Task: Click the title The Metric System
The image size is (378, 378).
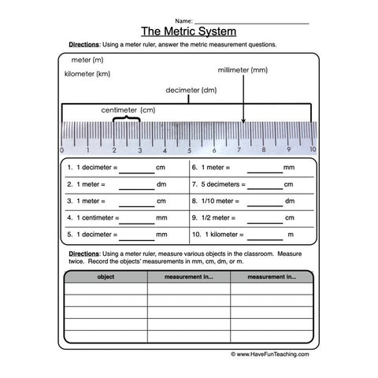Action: click(188, 31)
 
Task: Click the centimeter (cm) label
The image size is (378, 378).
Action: click(128, 109)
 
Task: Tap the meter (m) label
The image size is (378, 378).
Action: click(87, 60)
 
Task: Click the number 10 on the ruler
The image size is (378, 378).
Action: click(313, 150)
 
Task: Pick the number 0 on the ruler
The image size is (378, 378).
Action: click(62, 150)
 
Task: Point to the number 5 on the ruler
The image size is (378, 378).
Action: click(188, 150)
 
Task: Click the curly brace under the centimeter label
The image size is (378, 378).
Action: click(127, 120)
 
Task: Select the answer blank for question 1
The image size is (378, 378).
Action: click(137, 169)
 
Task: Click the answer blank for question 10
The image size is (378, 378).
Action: click(265, 235)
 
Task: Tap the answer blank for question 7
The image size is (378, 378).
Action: click(265, 186)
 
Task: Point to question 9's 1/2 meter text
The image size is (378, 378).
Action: click(219, 217)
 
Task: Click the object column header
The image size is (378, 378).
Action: click(105, 277)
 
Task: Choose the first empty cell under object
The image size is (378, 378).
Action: click(105, 288)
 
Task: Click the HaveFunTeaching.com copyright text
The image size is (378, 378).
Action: click(270, 354)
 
